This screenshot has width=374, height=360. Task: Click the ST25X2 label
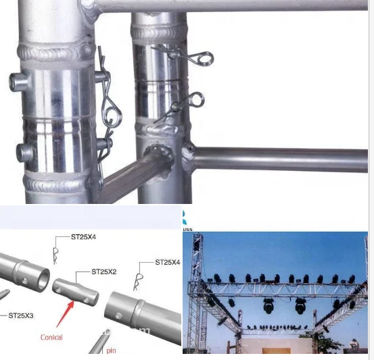[104, 271]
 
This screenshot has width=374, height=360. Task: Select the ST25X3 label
[21, 315]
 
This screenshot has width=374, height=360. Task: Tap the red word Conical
[51, 337]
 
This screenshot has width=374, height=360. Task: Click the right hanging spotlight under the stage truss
[300, 306]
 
